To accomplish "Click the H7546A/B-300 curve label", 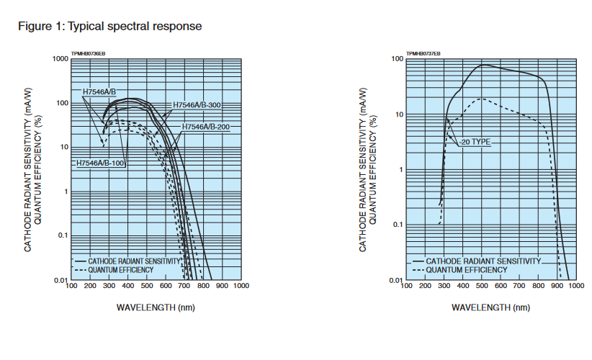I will pyautogui.click(x=196, y=105).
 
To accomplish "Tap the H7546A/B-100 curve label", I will pyautogui.click(x=101, y=163).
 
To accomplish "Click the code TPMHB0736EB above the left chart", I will pyautogui.click(x=89, y=53).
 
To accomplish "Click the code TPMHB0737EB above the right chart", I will pyautogui.click(x=423, y=53).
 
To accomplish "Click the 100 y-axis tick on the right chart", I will pyautogui.click(x=396, y=59).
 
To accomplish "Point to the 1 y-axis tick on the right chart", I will pyautogui.click(x=400, y=170).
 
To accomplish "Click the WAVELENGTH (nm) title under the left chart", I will pyautogui.click(x=156, y=307).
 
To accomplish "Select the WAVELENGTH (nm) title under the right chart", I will pyautogui.click(x=490, y=307).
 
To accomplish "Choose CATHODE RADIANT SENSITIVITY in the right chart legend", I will pyautogui.click(x=483, y=261).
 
